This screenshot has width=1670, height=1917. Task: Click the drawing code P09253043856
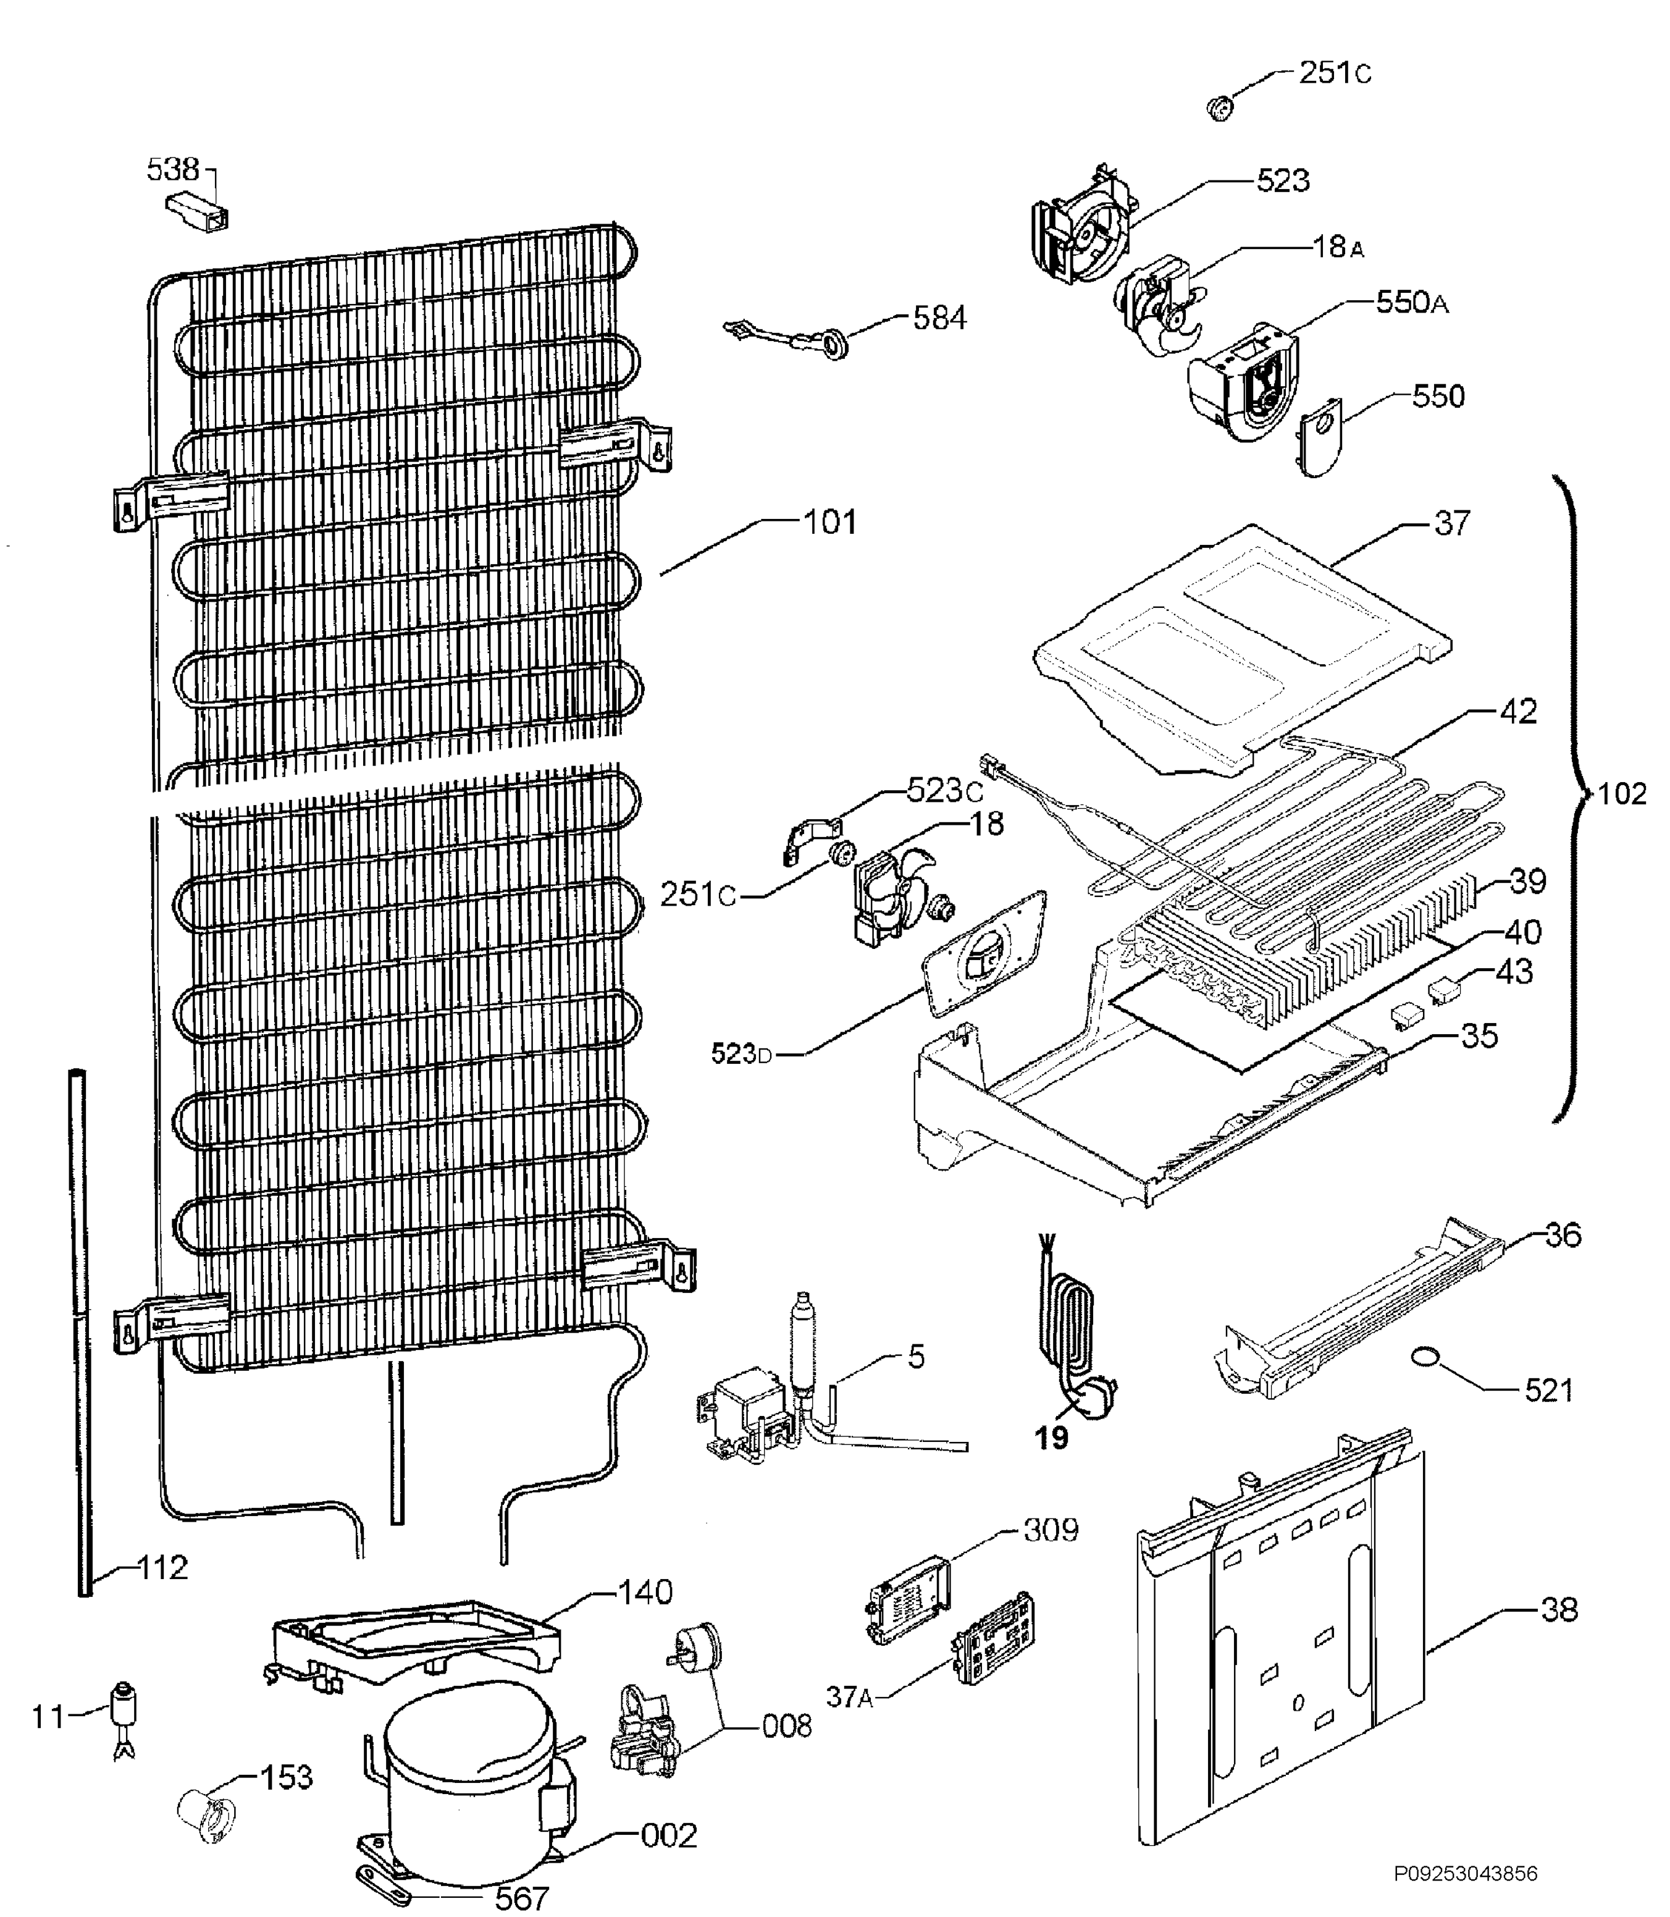pos(1466,1873)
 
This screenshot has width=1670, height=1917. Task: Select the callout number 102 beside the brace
pos(1622,794)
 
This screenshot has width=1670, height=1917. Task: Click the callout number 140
pos(645,1591)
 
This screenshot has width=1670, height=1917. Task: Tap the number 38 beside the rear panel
pos(1559,1609)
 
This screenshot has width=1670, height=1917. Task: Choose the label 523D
pos(742,1055)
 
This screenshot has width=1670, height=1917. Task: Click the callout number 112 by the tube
pos(162,1569)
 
